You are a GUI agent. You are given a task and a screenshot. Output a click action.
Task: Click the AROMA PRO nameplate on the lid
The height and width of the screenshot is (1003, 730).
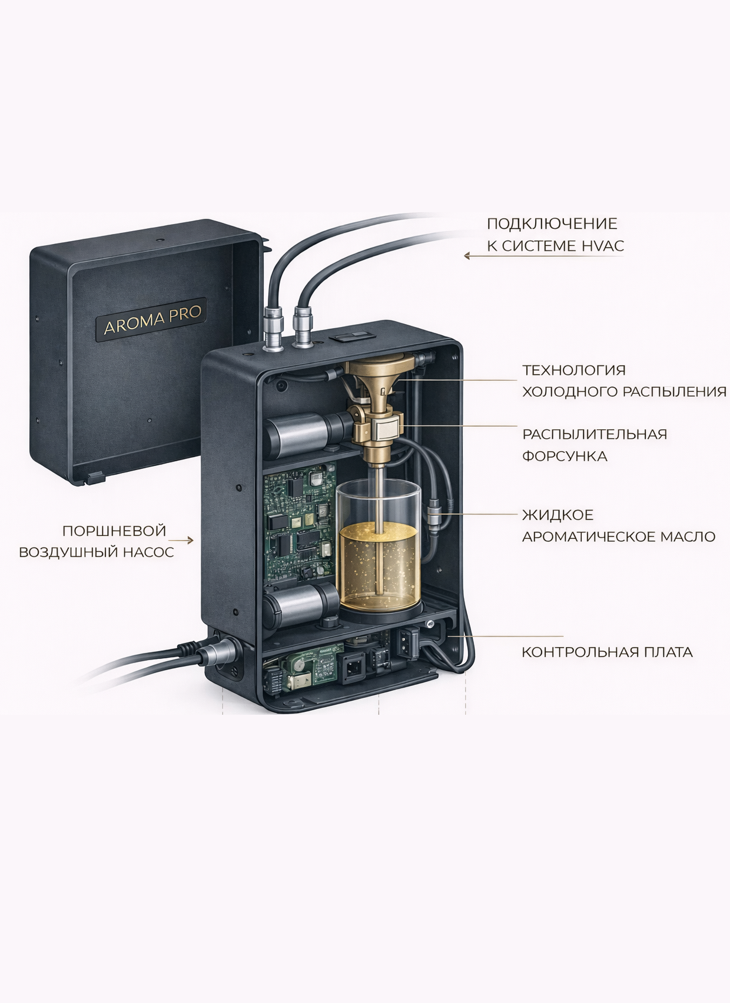(151, 319)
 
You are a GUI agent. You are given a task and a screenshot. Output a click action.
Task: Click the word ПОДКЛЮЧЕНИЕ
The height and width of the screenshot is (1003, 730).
(552, 224)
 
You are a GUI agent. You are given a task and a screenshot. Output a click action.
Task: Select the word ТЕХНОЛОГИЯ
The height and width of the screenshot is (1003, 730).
(573, 370)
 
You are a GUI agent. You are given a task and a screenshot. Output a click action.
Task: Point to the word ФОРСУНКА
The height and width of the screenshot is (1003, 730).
(565, 456)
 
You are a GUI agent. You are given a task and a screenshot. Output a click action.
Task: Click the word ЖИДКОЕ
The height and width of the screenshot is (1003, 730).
(558, 515)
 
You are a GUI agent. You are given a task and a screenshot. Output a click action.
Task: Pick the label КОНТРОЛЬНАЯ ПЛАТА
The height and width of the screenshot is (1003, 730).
(607, 652)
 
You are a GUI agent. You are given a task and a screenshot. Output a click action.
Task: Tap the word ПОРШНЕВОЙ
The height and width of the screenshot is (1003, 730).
(114, 531)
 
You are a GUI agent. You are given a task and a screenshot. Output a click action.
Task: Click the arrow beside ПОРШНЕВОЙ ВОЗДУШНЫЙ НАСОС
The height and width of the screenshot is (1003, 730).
(181, 541)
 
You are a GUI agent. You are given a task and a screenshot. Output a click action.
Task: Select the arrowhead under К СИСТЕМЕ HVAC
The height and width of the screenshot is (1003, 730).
(467, 256)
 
